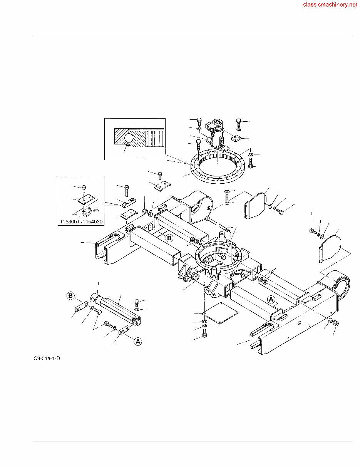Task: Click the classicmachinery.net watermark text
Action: click(330, 5)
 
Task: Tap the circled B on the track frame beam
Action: click(169, 238)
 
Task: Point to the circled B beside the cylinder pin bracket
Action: click(70, 296)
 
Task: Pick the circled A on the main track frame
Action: click(271, 299)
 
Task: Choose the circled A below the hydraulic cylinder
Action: click(137, 341)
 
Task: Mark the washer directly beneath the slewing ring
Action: click(227, 191)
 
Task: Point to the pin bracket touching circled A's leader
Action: click(124, 330)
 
